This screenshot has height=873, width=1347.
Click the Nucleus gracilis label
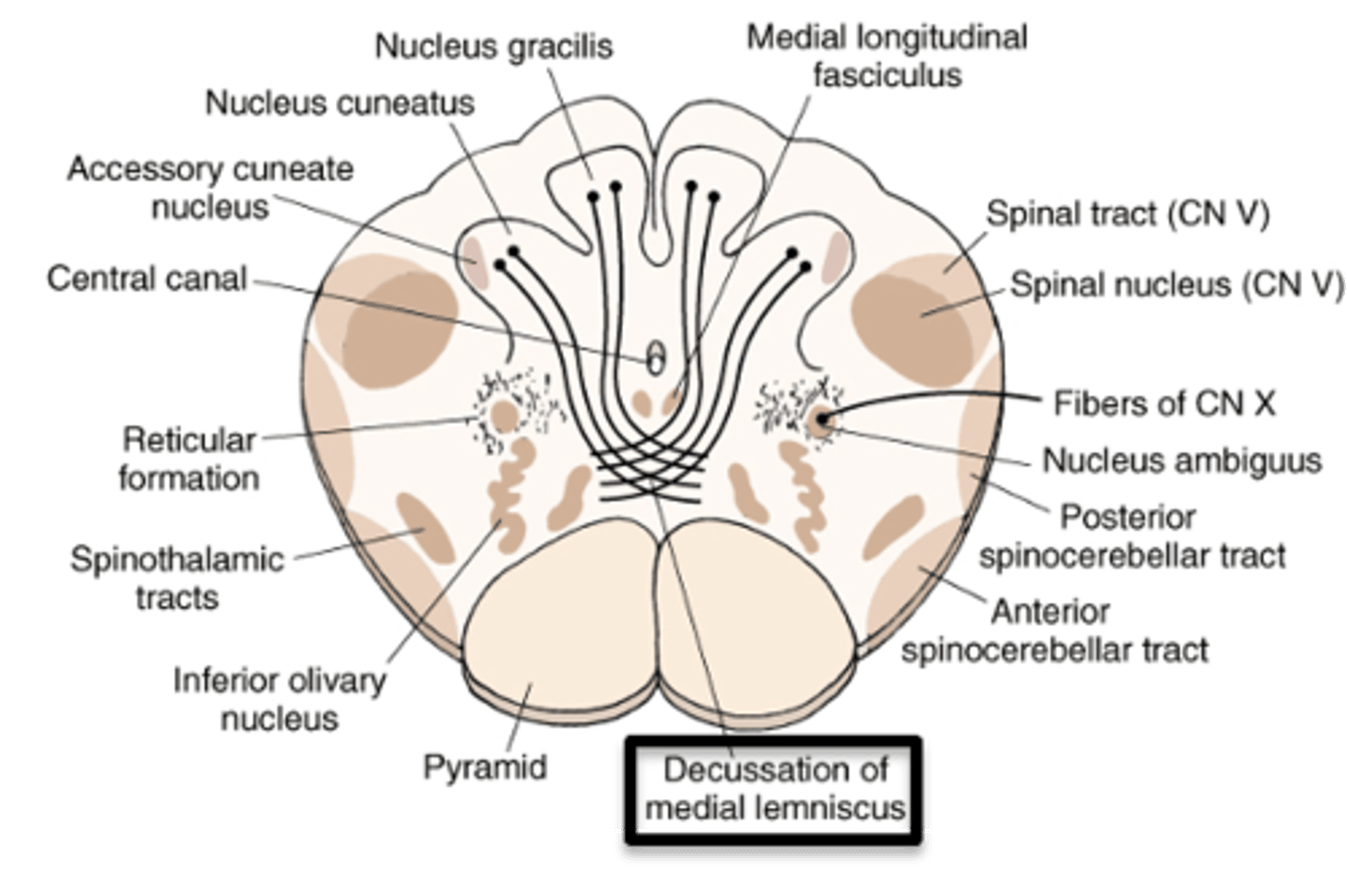(494, 46)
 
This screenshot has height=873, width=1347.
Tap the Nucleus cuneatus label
(340, 102)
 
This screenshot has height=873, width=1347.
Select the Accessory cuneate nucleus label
(210, 187)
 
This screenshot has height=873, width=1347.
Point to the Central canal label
(147, 278)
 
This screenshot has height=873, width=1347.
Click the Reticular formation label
(188, 458)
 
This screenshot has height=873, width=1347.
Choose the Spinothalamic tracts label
(177, 577)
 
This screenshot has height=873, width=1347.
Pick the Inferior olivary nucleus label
(279, 699)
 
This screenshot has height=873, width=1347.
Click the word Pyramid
(485, 766)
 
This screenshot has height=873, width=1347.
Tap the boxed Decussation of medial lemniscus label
(775, 788)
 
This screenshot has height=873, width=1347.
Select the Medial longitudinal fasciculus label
(887, 55)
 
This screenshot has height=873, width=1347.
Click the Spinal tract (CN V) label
(1128, 214)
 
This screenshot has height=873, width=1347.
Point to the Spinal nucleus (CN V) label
(1177, 284)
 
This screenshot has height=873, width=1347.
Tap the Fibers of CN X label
(1165, 403)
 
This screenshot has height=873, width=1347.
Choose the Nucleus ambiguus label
(1182, 459)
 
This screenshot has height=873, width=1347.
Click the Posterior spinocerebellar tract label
(1132, 535)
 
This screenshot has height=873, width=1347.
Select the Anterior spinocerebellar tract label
(1054, 630)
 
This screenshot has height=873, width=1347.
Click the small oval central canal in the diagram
(657, 356)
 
